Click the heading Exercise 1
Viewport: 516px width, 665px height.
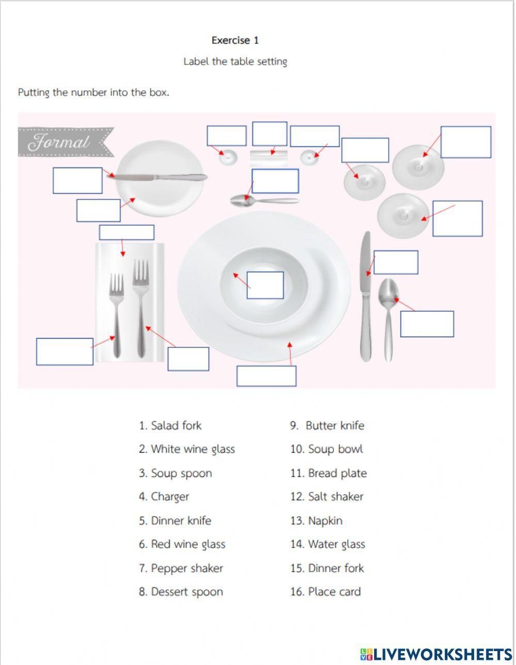(235, 40)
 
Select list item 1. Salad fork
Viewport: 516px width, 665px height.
(170, 426)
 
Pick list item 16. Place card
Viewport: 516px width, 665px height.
(325, 592)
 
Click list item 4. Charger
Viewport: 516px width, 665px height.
(164, 497)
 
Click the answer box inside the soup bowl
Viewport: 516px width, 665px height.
(265, 285)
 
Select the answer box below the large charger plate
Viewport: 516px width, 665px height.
(266, 376)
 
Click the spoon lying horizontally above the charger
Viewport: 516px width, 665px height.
(263, 201)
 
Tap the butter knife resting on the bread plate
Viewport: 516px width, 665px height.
(160, 177)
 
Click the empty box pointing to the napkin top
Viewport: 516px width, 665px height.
(126, 232)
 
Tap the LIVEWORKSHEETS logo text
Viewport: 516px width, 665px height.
(436, 654)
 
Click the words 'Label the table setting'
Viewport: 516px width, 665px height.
(235, 62)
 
